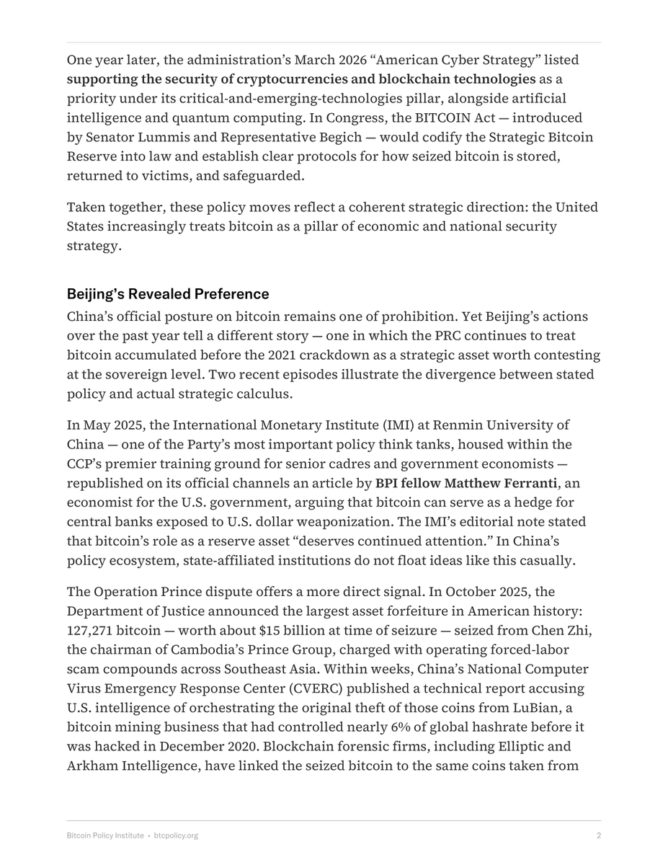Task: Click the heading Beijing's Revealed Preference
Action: (168, 294)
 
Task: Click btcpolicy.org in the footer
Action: (177, 835)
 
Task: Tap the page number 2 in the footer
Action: (598, 835)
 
